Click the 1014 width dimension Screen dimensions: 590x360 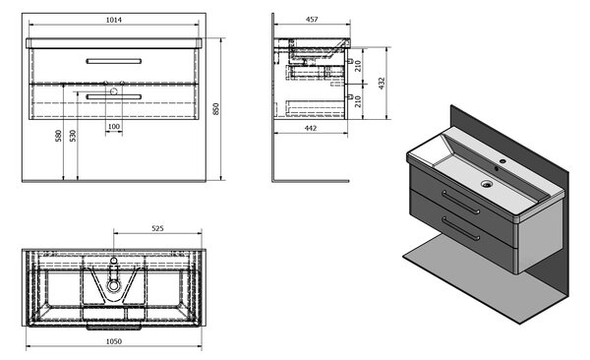pos(114,20)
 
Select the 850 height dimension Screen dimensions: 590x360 pos(216,109)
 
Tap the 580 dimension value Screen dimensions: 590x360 pos(58,136)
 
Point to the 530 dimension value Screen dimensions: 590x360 pos(73,136)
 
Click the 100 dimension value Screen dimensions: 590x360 pos(114,127)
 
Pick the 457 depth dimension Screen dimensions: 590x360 pos(312,20)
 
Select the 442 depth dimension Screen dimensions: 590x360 pos(311,128)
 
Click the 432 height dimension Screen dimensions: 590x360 pos(382,84)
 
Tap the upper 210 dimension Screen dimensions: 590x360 pos(358,66)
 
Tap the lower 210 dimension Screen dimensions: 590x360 pos(358,101)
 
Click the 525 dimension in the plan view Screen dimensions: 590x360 pos(157,228)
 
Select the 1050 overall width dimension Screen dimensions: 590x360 pos(114,341)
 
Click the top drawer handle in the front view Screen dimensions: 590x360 pos(114,61)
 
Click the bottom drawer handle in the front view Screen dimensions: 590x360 pos(114,96)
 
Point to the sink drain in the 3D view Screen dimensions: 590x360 pos(487,184)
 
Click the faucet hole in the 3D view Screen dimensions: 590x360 pos(502,161)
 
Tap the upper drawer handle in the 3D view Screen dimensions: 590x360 pos(460,203)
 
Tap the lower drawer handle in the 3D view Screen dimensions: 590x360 pos(460,228)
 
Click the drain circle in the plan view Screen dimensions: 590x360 pos(113,285)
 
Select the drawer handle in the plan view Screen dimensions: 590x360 pos(114,327)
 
